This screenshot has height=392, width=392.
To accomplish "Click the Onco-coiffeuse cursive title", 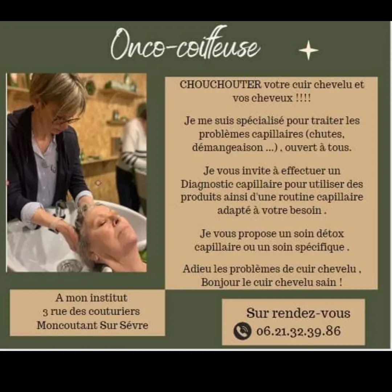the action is tap(185, 44).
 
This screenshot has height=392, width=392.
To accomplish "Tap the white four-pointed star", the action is tap(309, 50).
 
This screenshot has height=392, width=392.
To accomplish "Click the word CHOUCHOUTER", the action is tap(221, 85).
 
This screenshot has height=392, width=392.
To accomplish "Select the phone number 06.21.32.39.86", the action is tap(298, 331).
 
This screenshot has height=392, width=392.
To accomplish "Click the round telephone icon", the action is tap(242, 331).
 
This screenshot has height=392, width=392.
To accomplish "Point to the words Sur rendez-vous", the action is tap(298, 313).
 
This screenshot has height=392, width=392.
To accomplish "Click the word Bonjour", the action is tap(216, 282).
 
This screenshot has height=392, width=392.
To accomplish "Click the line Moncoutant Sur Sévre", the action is tap(93, 325).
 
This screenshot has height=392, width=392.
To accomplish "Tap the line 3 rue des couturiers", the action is tap(91, 311).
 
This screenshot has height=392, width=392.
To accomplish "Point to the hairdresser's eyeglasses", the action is tap(65, 121).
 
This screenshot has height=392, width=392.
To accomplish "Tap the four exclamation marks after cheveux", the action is tap(303, 98).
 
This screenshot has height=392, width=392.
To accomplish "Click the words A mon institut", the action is tap(91, 298).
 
